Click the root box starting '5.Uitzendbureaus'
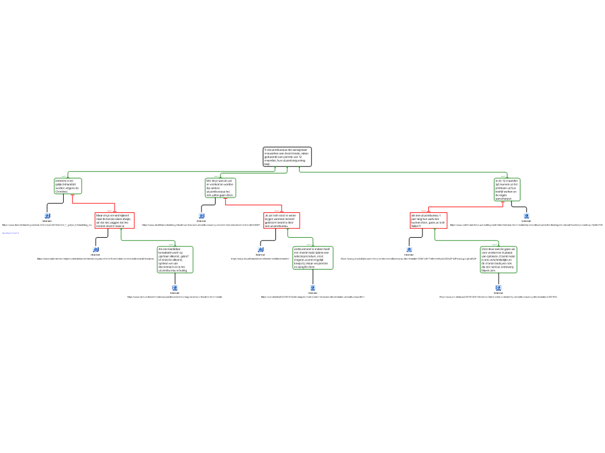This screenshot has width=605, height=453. point(287,157)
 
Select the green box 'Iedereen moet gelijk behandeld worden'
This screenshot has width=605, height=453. point(68,186)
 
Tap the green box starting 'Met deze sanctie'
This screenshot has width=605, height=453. point(220,188)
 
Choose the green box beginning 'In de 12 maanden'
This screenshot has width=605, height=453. point(507,189)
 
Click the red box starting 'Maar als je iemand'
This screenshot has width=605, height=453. point(115,221)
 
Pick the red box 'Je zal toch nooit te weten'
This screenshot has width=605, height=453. point(281,221)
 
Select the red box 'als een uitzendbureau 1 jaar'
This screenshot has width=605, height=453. point(428,221)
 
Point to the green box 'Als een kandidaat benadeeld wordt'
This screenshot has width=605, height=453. point(175,260)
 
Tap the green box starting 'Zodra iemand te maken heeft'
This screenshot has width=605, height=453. point(313,258)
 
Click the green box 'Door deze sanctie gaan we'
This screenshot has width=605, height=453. point(499,260)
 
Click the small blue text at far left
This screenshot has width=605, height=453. point(11,234)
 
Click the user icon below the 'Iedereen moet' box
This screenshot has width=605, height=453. point(47,216)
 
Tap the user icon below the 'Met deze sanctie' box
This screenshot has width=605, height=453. point(201,216)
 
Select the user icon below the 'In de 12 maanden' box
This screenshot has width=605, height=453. point(526,216)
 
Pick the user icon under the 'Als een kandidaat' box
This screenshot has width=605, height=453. point(175,288)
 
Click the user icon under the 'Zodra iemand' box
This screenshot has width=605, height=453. point(313,288)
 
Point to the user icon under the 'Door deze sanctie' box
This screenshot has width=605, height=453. point(499,288)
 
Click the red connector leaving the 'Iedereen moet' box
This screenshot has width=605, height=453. point(93,203)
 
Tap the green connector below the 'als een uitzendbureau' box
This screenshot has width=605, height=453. point(467,241)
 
